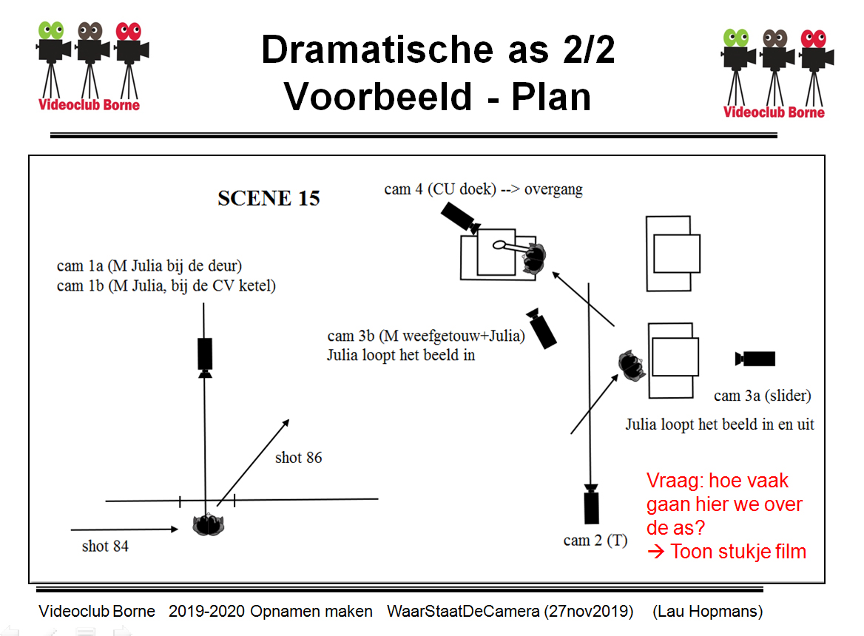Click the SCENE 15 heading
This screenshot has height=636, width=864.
(x=269, y=198)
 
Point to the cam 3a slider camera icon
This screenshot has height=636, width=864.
(x=756, y=359)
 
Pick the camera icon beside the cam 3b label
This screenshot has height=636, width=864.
(x=543, y=328)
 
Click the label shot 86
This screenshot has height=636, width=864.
(x=298, y=458)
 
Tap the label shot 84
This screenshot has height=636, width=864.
(x=106, y=547)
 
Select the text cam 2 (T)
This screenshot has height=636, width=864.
(x=595, y=541)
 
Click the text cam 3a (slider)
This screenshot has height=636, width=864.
(x=762, y=396)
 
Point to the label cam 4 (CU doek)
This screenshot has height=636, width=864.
(x=440, y=189)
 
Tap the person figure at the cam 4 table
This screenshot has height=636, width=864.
(x=533, y=258)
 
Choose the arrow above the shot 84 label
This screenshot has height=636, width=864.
(x=124, y=530)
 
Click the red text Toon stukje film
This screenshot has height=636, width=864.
(x=738, y=551)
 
